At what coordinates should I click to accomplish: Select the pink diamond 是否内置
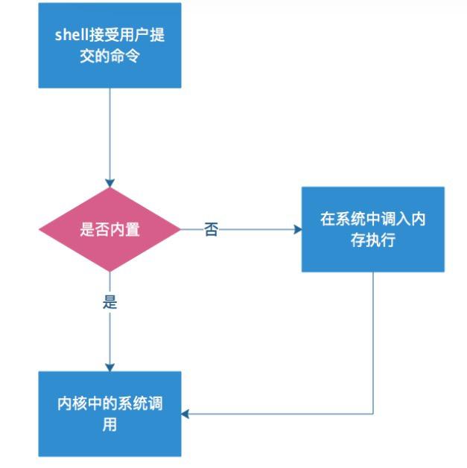[x=109, y=230]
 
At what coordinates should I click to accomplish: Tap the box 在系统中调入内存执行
[x=372, y=229]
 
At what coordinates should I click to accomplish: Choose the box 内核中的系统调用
[x=109, y=414]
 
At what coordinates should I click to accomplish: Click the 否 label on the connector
[x=211, y=230]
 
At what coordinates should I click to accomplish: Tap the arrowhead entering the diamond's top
[x=110, y=183]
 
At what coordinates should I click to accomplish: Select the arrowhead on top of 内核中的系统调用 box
[x=110, y=367]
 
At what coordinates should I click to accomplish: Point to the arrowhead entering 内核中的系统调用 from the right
[x=186, y=413]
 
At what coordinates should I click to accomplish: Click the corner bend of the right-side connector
[x=372, y=413]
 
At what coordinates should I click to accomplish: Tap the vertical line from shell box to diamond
[x=110, y=134]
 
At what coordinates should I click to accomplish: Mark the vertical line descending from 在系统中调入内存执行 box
[x=372, y=342]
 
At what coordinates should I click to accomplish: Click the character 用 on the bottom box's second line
[x=109, y=426]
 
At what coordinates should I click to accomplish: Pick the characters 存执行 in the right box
[x=372, y=241]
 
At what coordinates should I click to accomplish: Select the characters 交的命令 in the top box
[x=109, y=57]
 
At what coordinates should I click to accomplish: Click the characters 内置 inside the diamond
[x=126, y=230]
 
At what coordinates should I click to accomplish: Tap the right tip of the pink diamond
[x=180, y=230]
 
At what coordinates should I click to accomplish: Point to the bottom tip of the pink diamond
[x=110, y=272]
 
